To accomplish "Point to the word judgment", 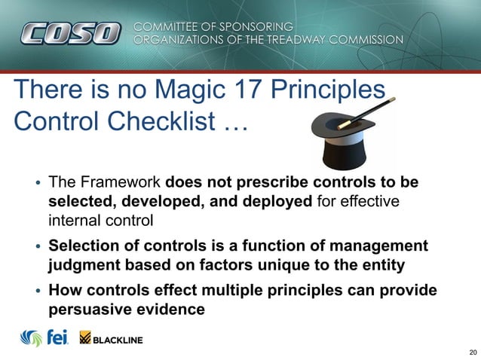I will [x=84, y=265].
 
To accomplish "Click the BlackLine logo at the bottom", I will [x=111, y=340].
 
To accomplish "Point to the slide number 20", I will [x=472, y=352].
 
